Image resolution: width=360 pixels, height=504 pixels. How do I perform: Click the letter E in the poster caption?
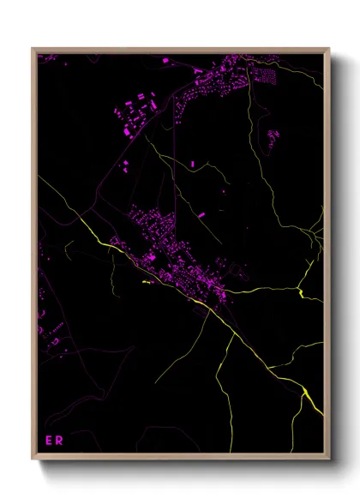click(x=48, y=441)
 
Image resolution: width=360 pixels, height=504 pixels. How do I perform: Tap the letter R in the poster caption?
click(x=59, y=441)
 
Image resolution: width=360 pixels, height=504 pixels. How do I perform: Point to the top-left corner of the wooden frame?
click(x=33, y=49)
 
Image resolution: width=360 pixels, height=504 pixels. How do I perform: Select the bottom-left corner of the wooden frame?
click(x=33, y=460)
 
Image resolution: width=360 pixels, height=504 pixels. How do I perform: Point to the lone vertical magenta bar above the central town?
click(x=193, y=163)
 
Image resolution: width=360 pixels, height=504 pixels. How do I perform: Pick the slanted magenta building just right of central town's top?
click(x=202, y=215)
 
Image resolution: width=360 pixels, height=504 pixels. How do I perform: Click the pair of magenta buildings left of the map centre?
click(x=125, y=165)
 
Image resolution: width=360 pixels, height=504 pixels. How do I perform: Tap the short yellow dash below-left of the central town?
click(x=145, y=281)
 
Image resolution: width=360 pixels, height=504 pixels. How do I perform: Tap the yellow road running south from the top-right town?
click(x=254, y=111)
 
